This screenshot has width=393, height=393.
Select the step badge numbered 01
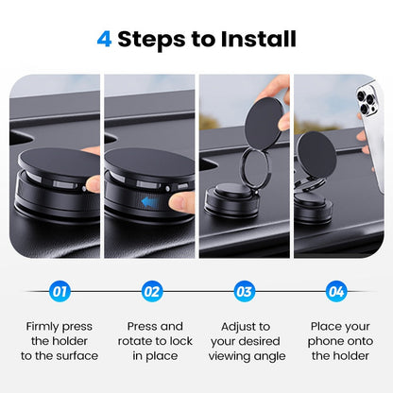60,292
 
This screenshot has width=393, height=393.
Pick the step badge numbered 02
152,292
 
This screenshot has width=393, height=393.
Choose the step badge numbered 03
244,292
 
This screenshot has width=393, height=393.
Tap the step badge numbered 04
335,292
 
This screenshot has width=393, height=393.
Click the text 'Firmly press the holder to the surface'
60,341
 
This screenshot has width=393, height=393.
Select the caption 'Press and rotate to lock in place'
152,341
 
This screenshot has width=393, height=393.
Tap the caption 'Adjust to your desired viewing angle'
244,341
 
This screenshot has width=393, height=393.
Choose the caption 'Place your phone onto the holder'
335,341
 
